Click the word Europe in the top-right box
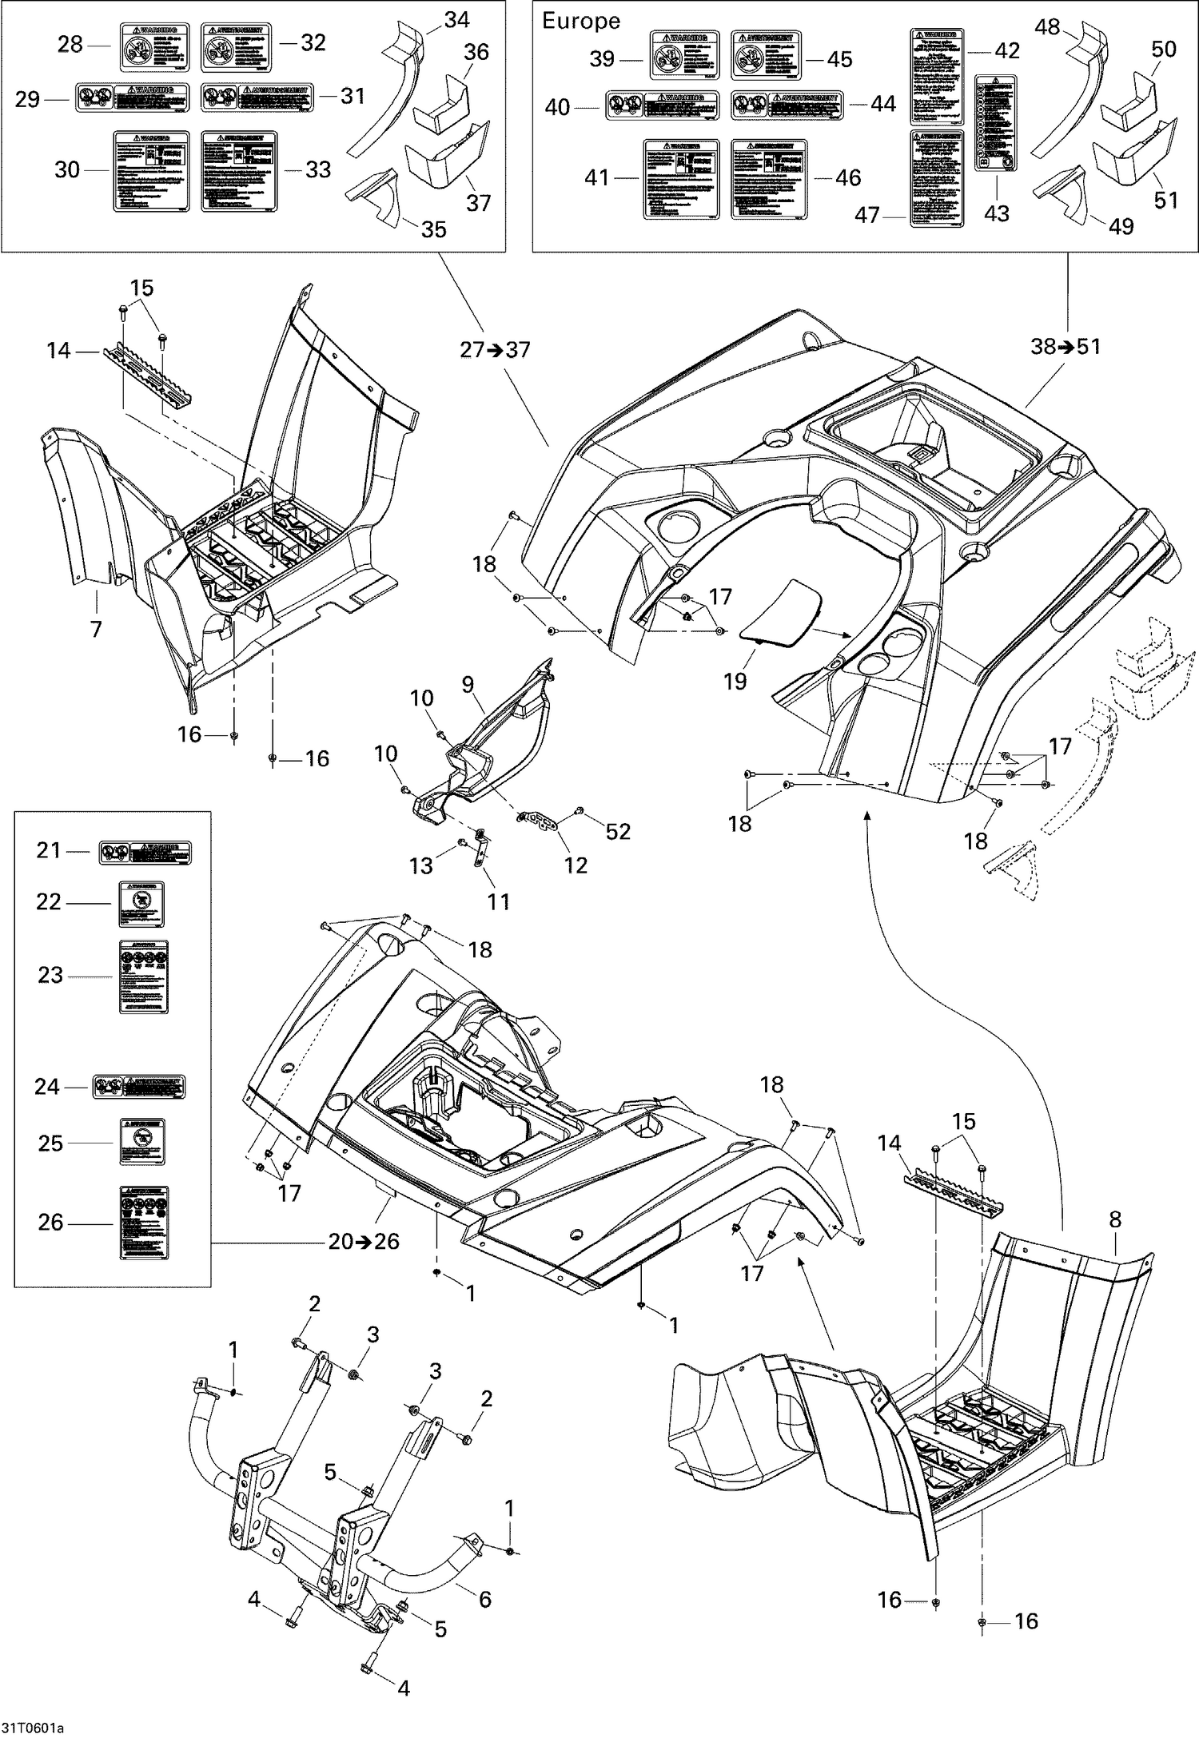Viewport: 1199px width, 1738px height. pyautogui.click(x=581, y=22)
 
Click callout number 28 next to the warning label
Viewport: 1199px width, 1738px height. pyautogui.click(x=70, y=45)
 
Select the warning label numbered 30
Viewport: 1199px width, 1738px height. pyautogui.click(x=152, y=172)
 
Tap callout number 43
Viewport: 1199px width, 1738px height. pyautogui.click(x=997, y=213)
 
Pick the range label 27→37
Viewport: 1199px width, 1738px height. pyautogui.click(x=495, y=350)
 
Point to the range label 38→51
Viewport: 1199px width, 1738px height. pyautogui.click(x=1066, y=347)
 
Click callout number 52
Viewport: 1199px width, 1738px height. pyautogui.click(x=618, y=831)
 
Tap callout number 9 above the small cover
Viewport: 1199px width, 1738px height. pyautogui.click(x=468, y=684)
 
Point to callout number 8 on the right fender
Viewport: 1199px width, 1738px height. pyautogui.click(x=1115, y=1220)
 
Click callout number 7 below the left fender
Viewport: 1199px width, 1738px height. pyautogui.click(x=96, y=630)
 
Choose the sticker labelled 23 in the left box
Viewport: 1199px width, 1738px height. pyautogui.click(x=144, y=976)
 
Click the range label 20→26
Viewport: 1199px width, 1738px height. pyautogui.click(x=364, y=1242)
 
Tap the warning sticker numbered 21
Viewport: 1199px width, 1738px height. pyautogui.click(x=145, y=853)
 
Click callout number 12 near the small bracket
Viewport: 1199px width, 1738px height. pyautogui.click(x=576, y=865)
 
